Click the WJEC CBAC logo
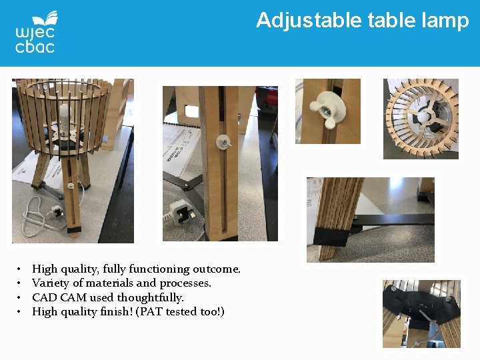[35, 32]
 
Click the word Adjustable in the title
[309, 21]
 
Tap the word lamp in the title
[445, 21]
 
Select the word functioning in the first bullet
[159, 269]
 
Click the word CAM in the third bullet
[74, 297]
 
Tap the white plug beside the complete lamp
[57, 211]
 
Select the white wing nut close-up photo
[328, 111]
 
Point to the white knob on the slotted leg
[223, 142]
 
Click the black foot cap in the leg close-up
[332, 237]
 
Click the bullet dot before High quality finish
[19, 312]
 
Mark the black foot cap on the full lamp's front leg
[74, 230]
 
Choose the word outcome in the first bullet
[217, 269]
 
